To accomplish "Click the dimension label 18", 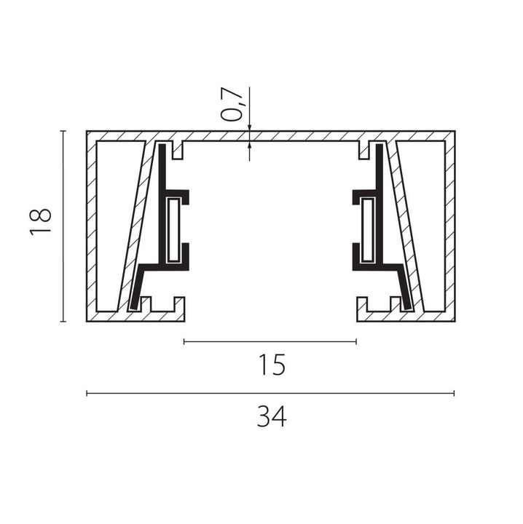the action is (x=41, y=222).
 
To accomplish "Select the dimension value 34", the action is (x=272, y=416).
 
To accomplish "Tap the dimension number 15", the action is (x=272, y=365).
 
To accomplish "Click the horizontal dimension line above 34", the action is (x=270, y=393).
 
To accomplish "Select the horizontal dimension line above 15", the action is (x=270, y=341).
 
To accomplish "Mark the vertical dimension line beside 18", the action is (x=63, y=226).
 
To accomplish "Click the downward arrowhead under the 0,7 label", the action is (x=249, y=128).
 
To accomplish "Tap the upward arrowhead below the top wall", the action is (x=249, y=144).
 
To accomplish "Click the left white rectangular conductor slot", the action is (x=173, y=230).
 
